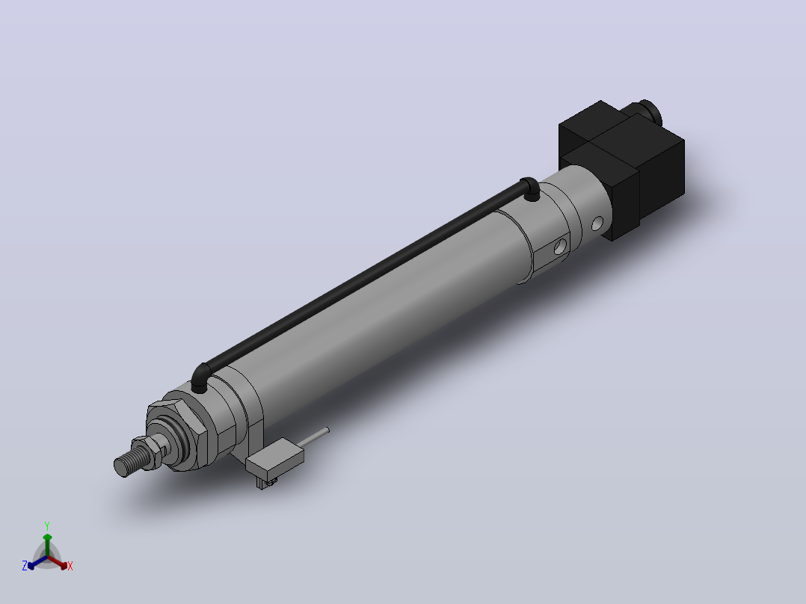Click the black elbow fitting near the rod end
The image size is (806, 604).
click(x=200, y=377)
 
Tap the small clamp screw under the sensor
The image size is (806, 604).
click(x=265, y=483)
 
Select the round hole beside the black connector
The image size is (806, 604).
click(x=597, y=223)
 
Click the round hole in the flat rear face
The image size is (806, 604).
click(x=560, y=247)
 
